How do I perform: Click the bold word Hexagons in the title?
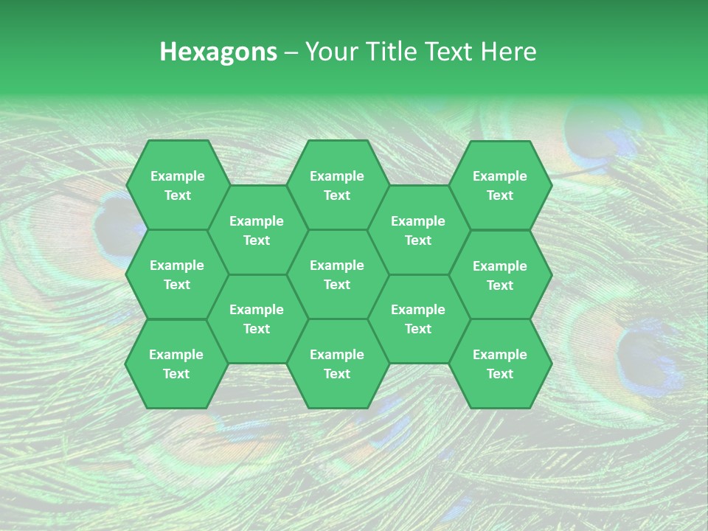[218, 52]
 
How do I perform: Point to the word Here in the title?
[509, 52]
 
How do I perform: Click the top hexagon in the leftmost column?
[177, 185]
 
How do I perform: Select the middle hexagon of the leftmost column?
[177, 274]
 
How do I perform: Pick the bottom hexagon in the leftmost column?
[176, 364]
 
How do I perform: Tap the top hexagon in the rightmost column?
[500, 185]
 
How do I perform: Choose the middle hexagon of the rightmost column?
[500, 275]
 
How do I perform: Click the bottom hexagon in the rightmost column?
[500, 364]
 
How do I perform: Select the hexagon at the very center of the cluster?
[337, 274]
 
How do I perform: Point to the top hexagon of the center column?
[337, 185]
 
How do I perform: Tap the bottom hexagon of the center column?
[337, 364]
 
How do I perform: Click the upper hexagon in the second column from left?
[257, 230]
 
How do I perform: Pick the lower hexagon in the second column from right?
[418, 319]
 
